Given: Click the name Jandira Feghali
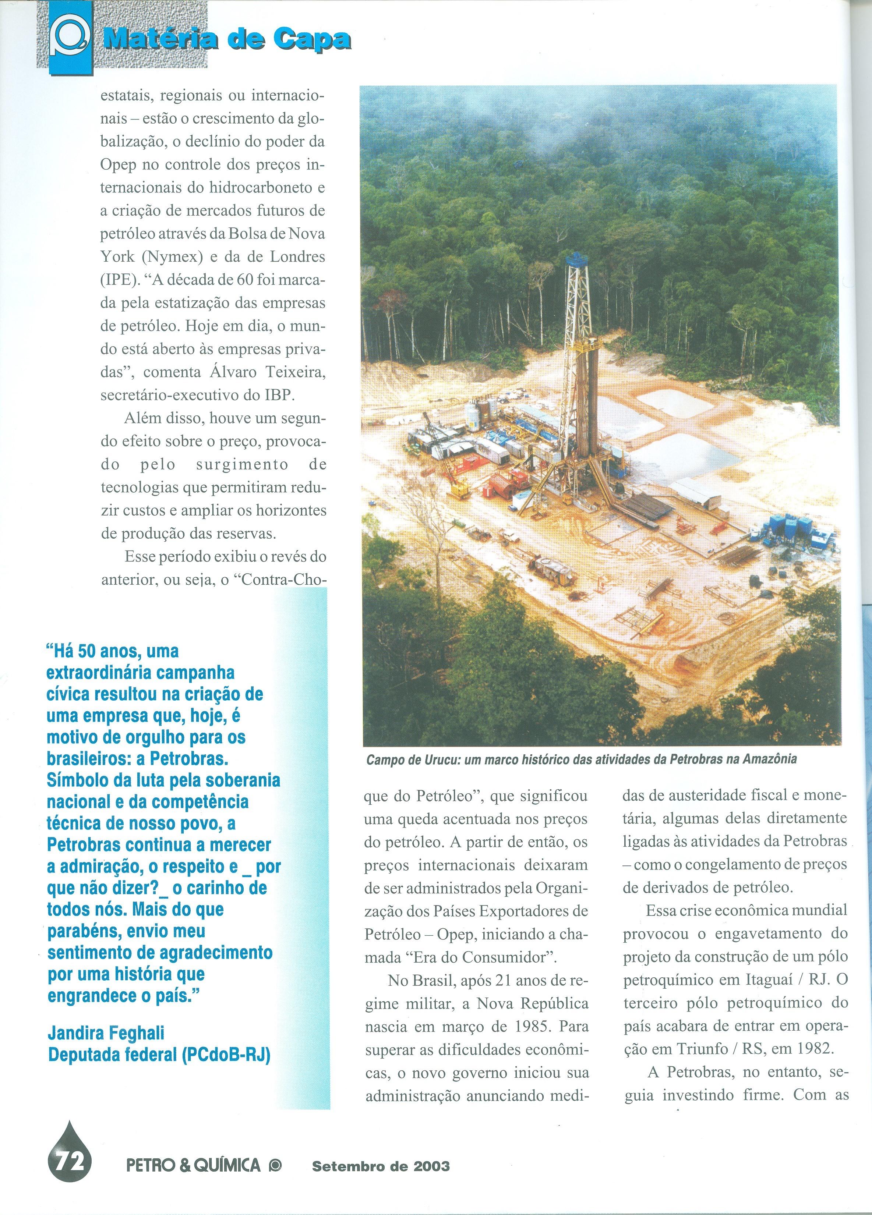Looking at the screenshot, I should coord(106,1032).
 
